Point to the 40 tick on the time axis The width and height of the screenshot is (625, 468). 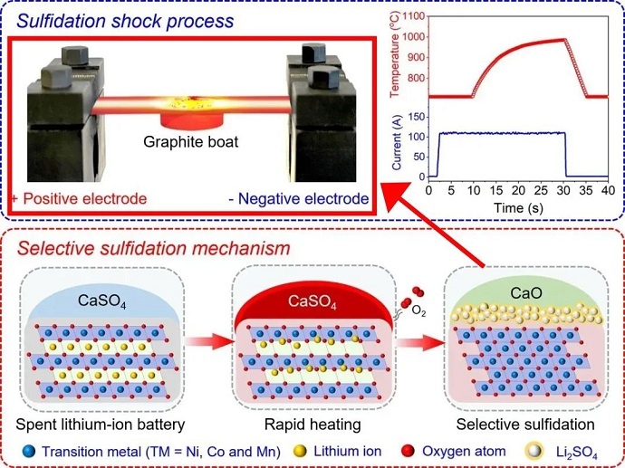click(608, 192)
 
